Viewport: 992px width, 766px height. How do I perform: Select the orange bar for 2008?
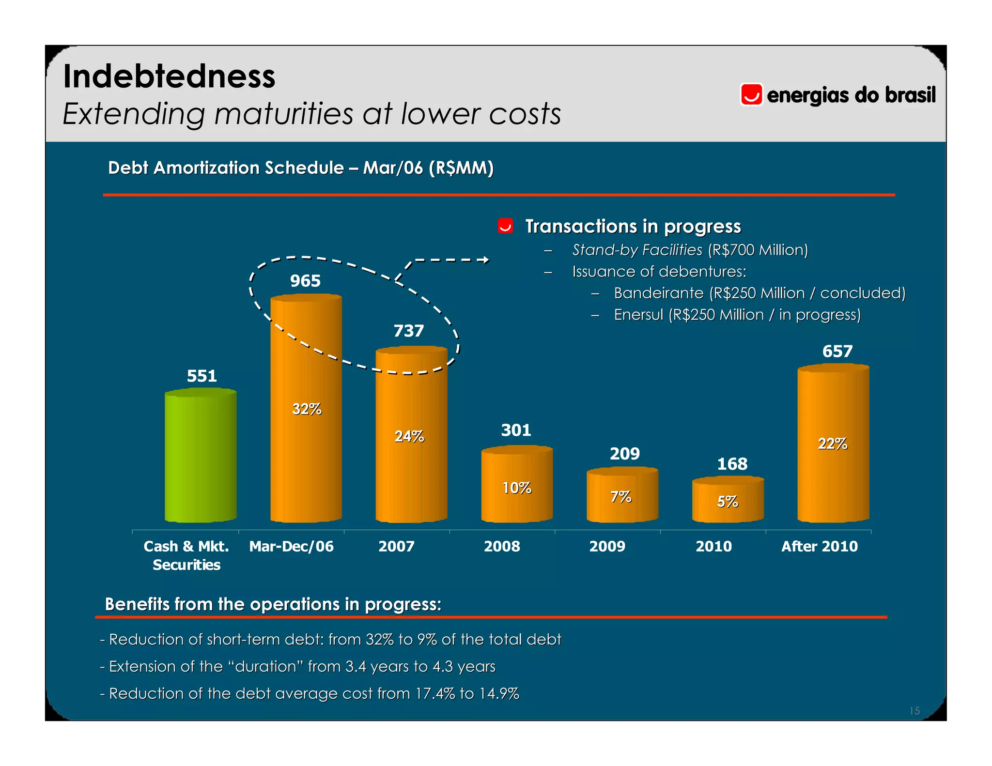click(517, 484)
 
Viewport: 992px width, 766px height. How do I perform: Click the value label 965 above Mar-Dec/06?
click(305, 281)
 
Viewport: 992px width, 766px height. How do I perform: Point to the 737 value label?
click(408, 331)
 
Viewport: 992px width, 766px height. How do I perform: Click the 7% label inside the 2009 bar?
click(621, 497)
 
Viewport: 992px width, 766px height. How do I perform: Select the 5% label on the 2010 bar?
click(728, 502)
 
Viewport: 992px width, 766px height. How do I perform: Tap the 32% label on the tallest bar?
click(307, 409)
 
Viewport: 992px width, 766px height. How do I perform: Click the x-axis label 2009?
click(607, 546)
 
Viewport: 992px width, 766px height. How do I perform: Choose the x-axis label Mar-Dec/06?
click(291, 546)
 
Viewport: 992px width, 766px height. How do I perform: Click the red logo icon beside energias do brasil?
click(751, 94)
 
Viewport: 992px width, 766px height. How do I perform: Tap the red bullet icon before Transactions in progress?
click(505, 226)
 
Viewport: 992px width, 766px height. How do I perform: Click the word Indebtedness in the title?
click(169, 77)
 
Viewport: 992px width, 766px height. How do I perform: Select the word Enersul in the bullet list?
click(638, 315)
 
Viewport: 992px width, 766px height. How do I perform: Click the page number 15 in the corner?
click(914, 711)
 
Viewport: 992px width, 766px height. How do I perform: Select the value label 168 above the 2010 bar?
click(732, 464)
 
